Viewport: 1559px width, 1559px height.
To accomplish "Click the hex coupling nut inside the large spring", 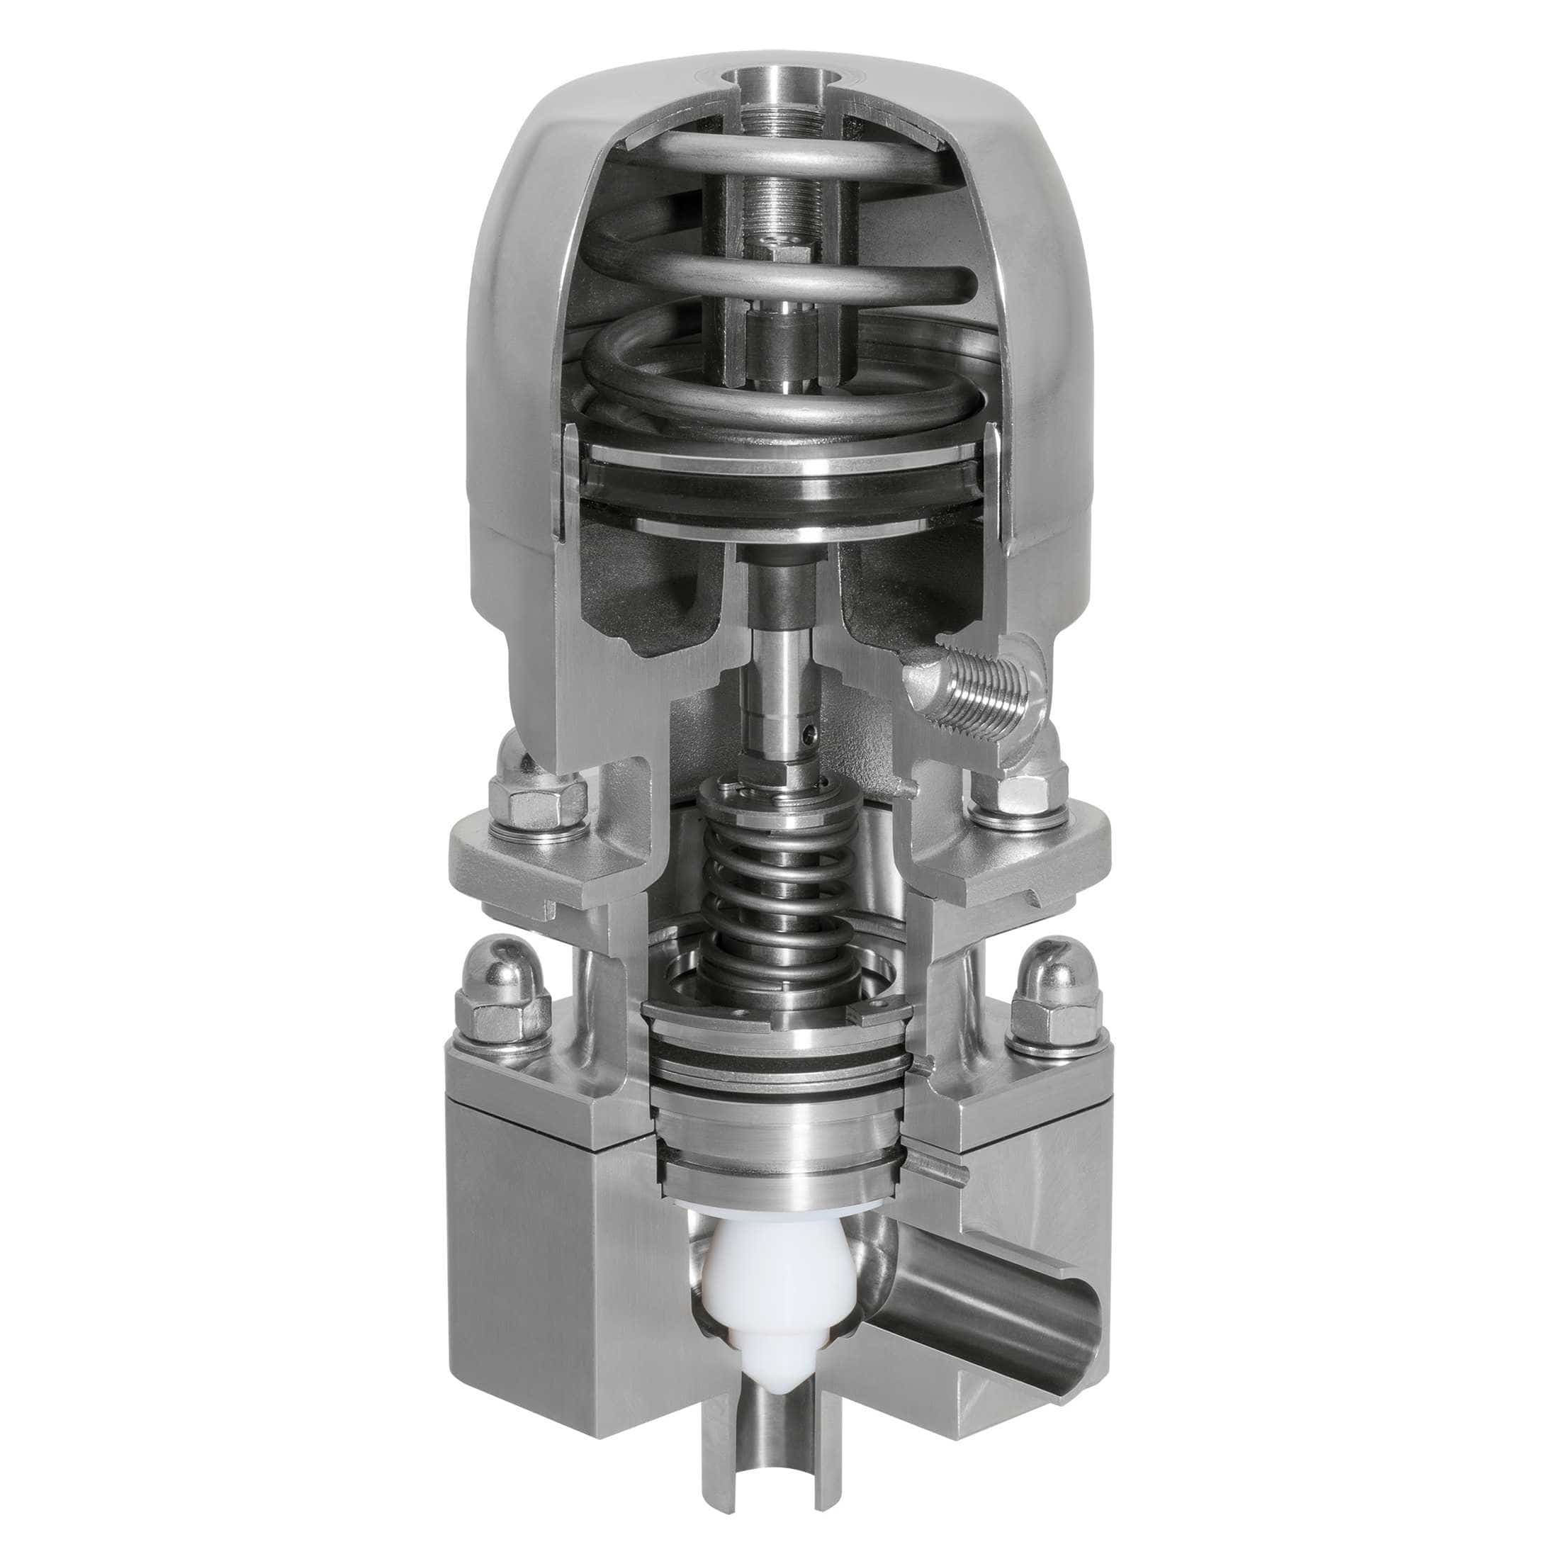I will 779,339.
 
